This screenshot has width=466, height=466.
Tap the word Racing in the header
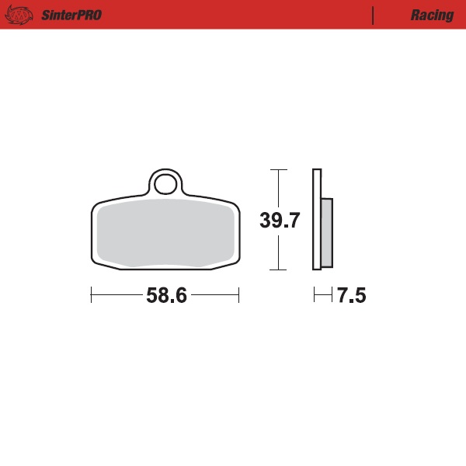click(x=432, y=16)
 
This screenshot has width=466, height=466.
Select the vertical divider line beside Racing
click(x=374, y=15)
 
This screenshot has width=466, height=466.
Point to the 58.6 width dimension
click(x=166, y=296)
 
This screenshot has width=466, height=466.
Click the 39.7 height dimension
click(x=280, y=221)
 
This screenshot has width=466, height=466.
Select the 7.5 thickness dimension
click(x=351, y=296)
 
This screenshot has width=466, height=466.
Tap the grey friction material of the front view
click(x=165, y=232)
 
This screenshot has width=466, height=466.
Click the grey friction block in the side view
click(x=326, y=231)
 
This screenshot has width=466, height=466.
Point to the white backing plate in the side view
click(x=316, y=220)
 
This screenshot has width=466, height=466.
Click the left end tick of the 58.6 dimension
click(x=92, y=295)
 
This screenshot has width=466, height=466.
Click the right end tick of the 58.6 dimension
click(x=238, y=295)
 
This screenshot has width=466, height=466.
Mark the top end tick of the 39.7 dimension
click(x=278, y=169)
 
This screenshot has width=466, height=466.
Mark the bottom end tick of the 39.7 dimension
click(x=278, y=270)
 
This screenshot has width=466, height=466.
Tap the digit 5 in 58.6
click(x=151, y=296)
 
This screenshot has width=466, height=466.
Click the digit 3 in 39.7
click(x=265, y=221)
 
